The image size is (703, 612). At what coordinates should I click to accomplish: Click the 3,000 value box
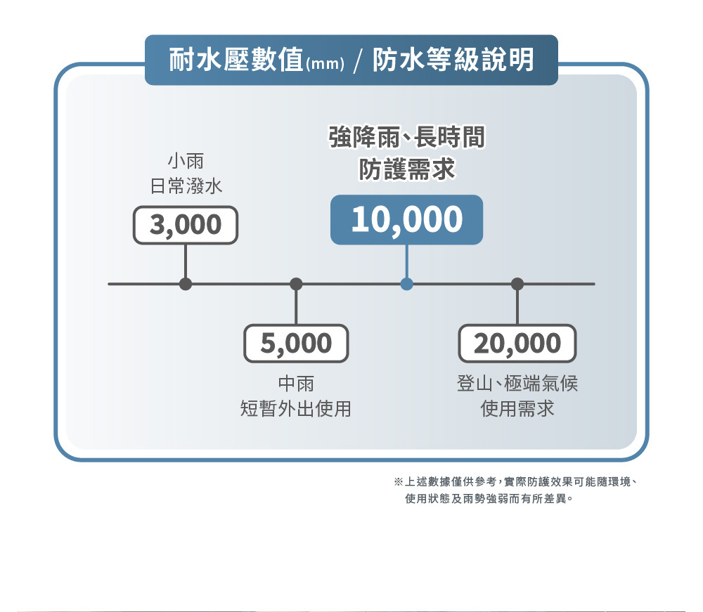[x=186, y=225]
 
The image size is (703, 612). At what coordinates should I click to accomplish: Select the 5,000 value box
[x=296, y=343]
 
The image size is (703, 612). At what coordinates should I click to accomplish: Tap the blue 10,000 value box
[x=406, y=220]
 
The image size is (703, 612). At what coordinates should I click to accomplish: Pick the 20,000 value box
[x=517, y=343]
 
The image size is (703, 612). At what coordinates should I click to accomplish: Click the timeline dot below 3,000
[x=186, y=284]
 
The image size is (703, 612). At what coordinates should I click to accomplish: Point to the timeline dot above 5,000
[x=296, y=284]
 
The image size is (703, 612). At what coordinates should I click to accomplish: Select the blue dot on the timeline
[x=406, y=284]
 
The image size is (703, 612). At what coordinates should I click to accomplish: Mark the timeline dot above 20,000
[x=518, y=284]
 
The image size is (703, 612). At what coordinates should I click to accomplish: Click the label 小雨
[x=186, y=162]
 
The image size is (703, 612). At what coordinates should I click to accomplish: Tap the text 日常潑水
[x=186, y=186]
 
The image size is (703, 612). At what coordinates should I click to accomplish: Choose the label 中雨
[x=296, y=384]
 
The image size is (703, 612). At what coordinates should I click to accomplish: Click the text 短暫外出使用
[x=296, y=408]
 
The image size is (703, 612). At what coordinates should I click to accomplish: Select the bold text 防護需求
[x=406, y=169]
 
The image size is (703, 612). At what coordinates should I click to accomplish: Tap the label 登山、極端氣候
[x=517, y=384]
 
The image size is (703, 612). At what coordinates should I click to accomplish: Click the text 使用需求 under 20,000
[x=517, y=408]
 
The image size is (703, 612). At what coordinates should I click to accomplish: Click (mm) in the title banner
[x=324, y=65]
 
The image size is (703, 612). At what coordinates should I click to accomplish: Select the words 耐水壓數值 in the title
[x=236, y=60]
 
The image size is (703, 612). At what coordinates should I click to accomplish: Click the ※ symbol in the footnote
[x=398, y=483]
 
